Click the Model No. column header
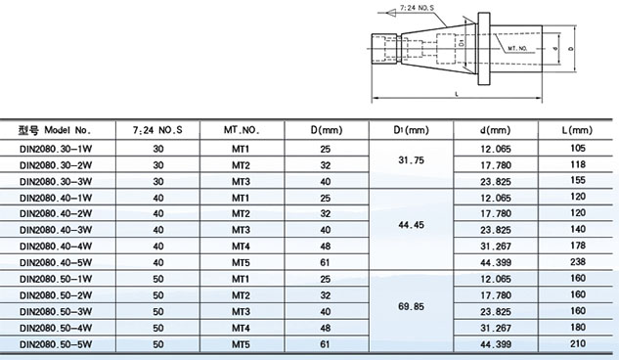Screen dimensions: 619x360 pyautogui.click(x=55, y=130)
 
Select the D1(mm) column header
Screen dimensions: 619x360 pyautogui.click(x=411, y=130)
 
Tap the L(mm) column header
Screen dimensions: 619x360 pyautogui.click(x=577, y=130)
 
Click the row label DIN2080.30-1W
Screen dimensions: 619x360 pyautogui.click(x=56, y=149)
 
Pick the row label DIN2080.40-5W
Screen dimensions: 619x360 pyautogui.click(x=56, y=262)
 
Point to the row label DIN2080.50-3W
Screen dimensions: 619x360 pyautogui.click(x=56, y=311)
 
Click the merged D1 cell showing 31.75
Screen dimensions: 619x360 pyautogui.click(x=411, y=159)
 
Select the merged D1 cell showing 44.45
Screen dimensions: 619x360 pyautogui.click(x=411, y=225)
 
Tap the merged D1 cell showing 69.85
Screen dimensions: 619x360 pyautogui.click(x=411, y=306)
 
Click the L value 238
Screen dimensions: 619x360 pyautogui.click(x=578, y=262)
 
